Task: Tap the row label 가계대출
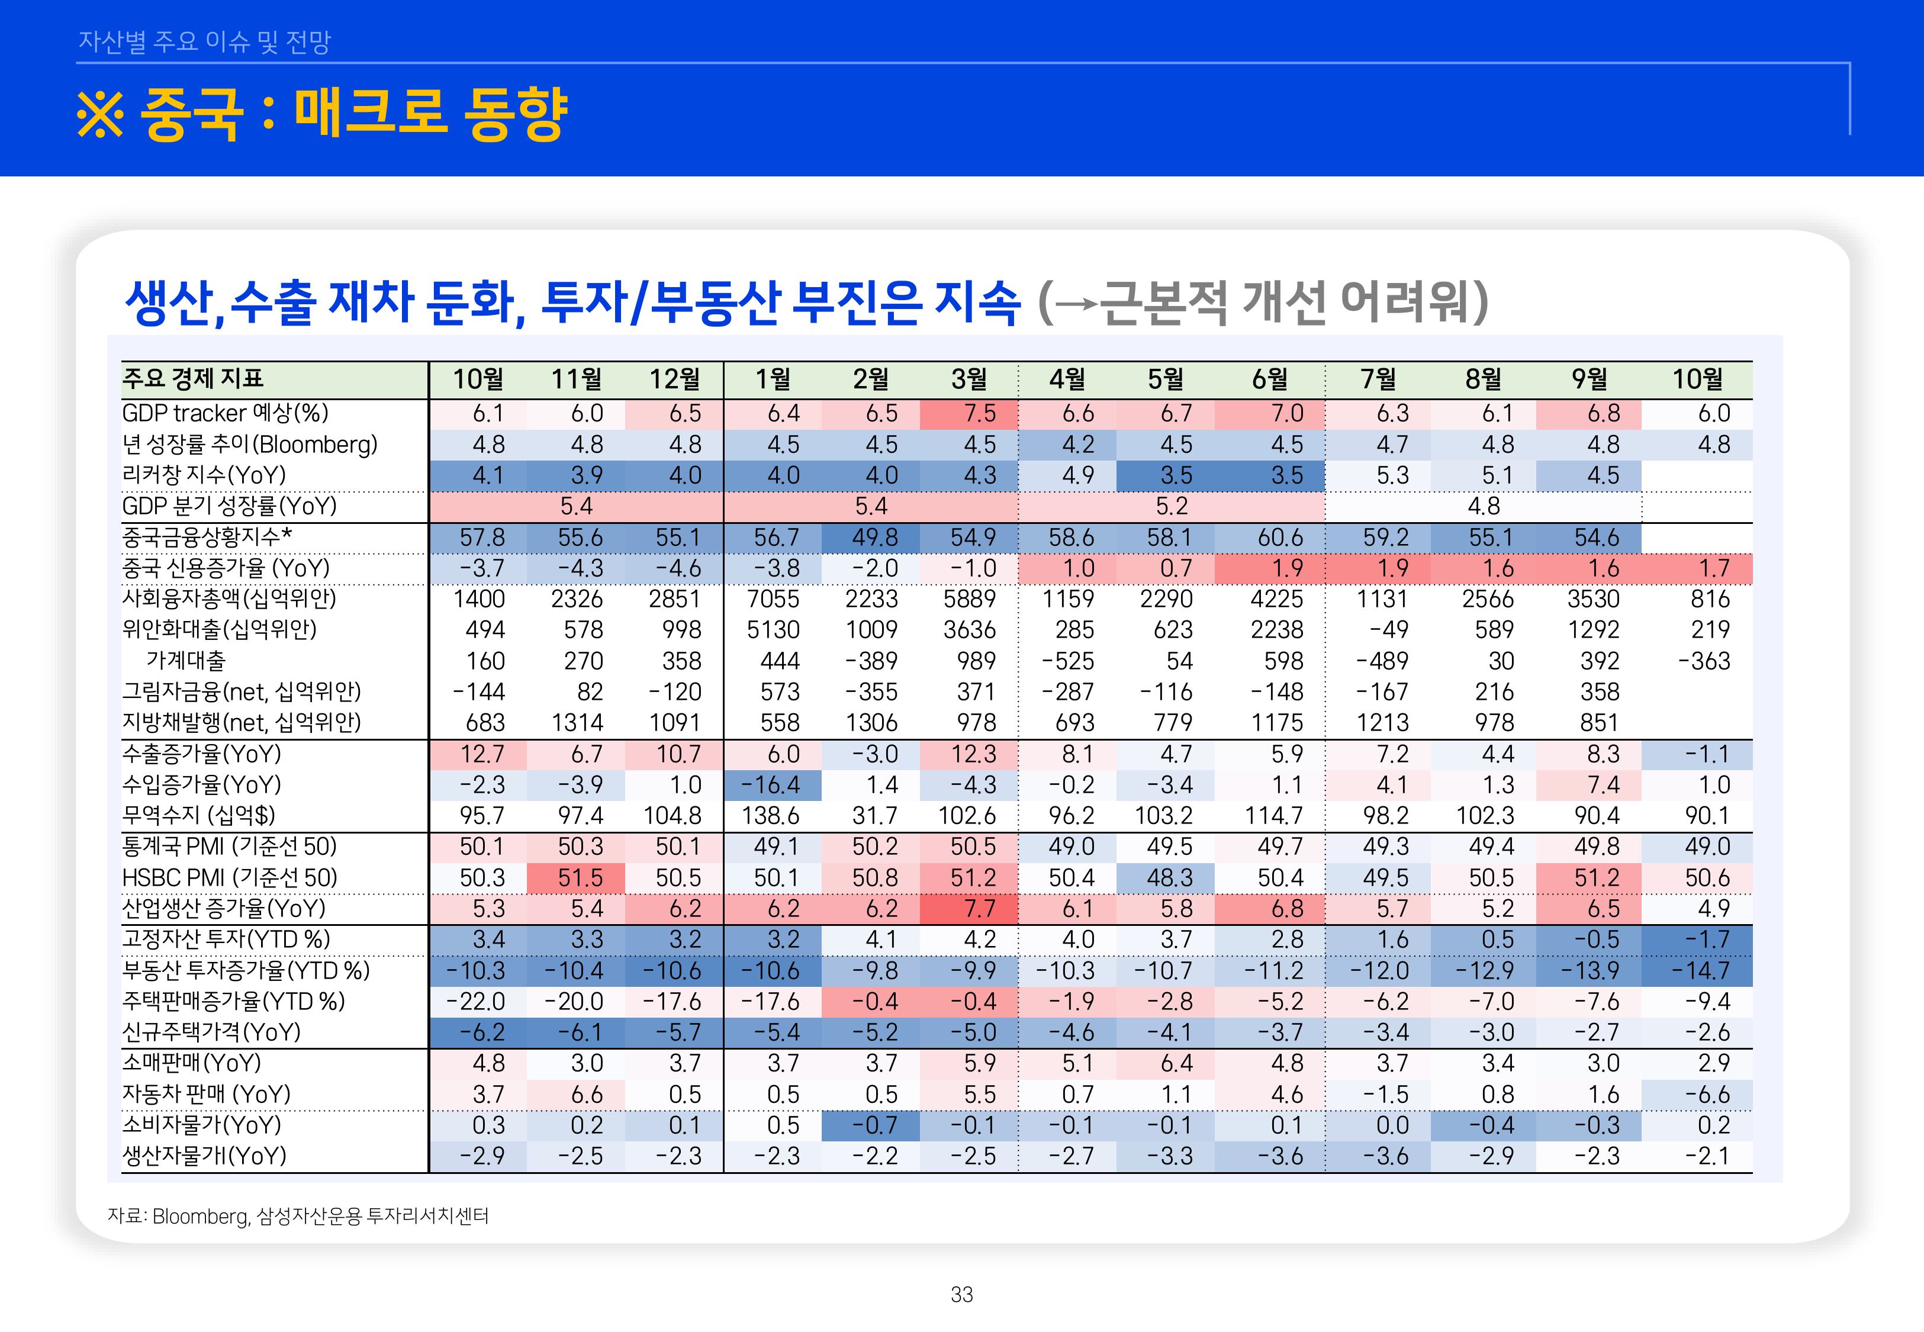click(186, 661)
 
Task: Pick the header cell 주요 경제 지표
click(193, 379)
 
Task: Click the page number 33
click(961, 1295)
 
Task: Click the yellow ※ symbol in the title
click(100, 114)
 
